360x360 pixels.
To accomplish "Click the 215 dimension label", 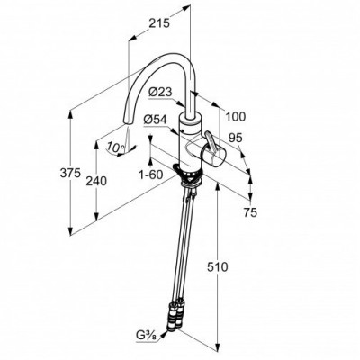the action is tap(159, 23).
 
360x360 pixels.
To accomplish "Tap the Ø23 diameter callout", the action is tap(160, 92).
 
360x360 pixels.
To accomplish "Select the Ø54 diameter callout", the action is tap(155, 120).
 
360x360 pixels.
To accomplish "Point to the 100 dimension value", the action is tap(235, 117).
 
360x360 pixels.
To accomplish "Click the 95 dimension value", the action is tap(235, 138).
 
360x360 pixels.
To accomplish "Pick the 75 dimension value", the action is tap(250, 212).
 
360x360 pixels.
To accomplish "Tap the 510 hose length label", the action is tap(218, 266).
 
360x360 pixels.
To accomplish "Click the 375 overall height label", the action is tap(70, 173).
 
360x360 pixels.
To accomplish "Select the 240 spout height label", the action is tap(96, 181).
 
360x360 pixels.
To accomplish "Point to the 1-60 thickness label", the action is tap(150, 175).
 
